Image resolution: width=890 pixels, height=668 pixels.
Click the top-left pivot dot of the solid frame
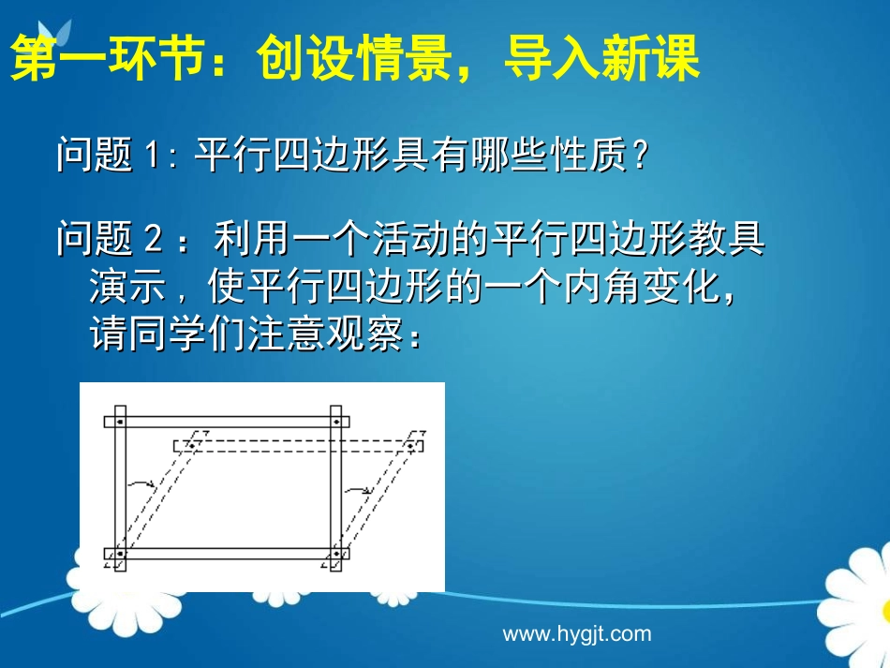[120, 422]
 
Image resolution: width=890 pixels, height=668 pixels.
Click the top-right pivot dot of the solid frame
[335, 422]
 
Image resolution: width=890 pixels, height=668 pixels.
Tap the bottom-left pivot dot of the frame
[120, 554]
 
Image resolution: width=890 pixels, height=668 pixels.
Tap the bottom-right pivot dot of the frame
[335, 554]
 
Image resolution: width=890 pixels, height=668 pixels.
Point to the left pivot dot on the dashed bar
[192, 445]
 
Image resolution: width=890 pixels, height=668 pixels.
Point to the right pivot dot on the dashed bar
[409, 445]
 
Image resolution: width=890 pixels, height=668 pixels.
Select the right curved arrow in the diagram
[358, 488]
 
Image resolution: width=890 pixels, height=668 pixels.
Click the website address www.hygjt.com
[576, 633]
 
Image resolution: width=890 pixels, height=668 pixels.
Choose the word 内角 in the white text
[598, 287]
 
